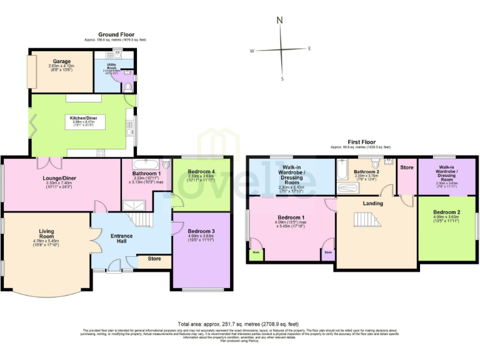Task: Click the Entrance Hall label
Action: pos(122,238)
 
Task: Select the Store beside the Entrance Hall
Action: pos(154,259)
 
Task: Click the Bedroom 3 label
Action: pos(201,231)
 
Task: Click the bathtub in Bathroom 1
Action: pos(144,164)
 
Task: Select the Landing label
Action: pos(372,204)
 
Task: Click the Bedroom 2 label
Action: pos(446,212)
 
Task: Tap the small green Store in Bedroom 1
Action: pos(256,254)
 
